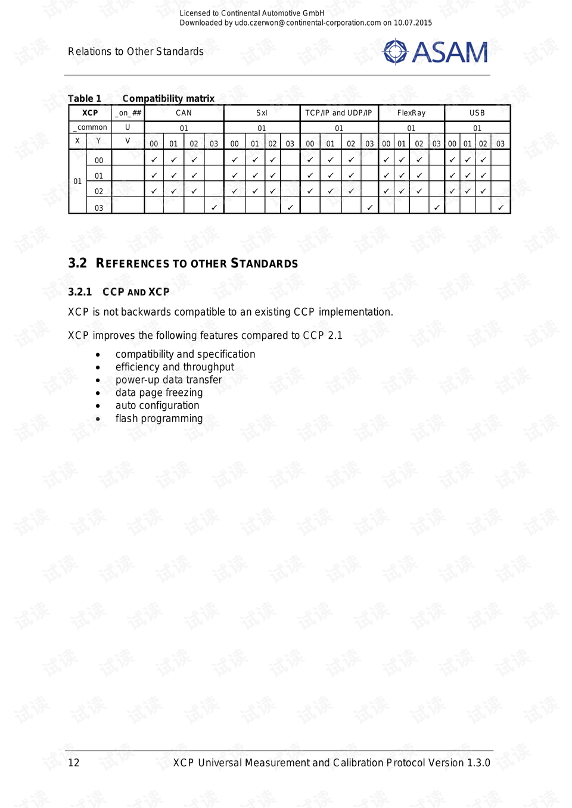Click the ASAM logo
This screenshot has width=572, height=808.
pyautogui.click(x=436, y=52)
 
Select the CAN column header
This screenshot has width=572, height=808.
pyautogui.click(x=184, y=113)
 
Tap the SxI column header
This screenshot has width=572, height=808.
pyautogui.click(x=262, y=113)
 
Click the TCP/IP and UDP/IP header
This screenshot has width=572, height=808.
pyautogui.click(x=338, y=113)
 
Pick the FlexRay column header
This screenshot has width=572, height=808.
pyautogui.click(x=411, y=113)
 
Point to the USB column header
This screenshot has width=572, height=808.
pyautogui.click(x=477, y=113)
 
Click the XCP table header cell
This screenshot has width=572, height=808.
pyautogui.click(x=90, y=113)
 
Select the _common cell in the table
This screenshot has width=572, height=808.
pyautogui.click(x=91, y=127)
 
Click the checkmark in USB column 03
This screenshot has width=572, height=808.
pyautogui.click(x=500, y=207)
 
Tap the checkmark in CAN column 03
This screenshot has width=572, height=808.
pyautogui.click(x=214, y=207)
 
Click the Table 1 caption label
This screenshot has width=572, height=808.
pyautogui.click(x=85, y=99)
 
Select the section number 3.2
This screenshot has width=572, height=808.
pyautogui.click(x=77, y=263)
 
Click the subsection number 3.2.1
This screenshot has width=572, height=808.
pyautogui.click(x=80, y=292)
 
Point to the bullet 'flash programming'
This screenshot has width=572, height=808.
pyautogui.click(x=159, y=419)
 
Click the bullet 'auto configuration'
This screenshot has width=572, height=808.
pyautogui.click(x=157, y=405)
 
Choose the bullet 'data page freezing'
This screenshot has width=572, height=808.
pyautogui.click(x=159, y=393)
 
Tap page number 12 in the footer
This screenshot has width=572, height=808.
pyautogui.click(x=74, y=763)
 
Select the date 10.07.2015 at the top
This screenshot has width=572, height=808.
pyautogui.click(x=412, y=23)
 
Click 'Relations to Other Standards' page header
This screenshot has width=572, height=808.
pyautogui.click(x=136, y=52)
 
